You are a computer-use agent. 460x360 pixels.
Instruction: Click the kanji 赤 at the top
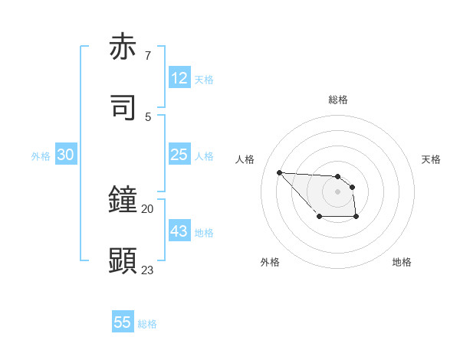click(x=123, y=47)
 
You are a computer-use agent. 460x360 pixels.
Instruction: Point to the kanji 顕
click(x=123, y=260)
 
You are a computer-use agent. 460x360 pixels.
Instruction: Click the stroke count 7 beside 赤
click(x=148, y=56)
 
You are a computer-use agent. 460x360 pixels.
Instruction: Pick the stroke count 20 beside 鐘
click(x=148, y=208)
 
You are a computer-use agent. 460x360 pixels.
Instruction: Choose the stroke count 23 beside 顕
click(x=148, y=270)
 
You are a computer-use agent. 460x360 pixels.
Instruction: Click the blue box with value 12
click(x=179, y=78)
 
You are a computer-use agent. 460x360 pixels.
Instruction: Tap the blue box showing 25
click(x=179, y=155)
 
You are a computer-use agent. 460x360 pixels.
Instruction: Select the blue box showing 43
click(x=179, y=231)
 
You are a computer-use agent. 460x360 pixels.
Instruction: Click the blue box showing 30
click(x=66, y=155)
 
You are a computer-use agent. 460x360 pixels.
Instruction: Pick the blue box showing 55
click(x=123, y=322)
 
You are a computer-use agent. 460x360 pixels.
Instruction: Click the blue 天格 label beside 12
click(x=204, y=80)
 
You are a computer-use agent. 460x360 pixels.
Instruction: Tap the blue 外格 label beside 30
click(x=41, y=156)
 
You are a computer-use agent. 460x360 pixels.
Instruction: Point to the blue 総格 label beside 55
click(x=147, y=324)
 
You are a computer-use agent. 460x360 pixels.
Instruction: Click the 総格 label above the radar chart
click(x=338, y=100)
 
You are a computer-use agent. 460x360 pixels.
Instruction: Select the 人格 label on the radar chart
click(x=245, y=159)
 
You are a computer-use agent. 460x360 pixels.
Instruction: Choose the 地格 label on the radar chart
click(x=402, y=262)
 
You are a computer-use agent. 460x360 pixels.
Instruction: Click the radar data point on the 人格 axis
click(x=280, y=172)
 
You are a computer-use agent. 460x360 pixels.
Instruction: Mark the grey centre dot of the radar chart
click(x=337, y=191)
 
